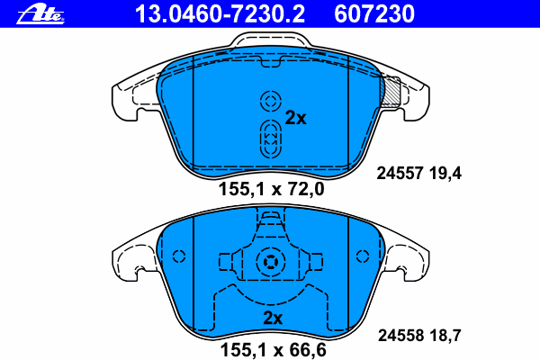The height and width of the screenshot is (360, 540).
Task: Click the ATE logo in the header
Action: [x=40, y=14]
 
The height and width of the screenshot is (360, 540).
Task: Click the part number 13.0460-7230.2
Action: [x=220, y=14]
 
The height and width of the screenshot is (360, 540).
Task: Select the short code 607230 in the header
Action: [x=374, y=14]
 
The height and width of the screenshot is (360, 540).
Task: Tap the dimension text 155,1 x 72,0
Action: [x=272, y=189]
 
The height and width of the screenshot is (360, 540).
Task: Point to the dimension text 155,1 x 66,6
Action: [x=273, y=350]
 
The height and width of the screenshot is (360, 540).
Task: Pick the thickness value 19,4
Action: [x=445, y=174]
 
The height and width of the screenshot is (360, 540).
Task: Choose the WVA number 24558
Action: [x=400, y=335]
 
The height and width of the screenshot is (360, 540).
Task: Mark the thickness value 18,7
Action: [x=445, y=336]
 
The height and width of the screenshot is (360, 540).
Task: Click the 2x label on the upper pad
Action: [x=295, y=118]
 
